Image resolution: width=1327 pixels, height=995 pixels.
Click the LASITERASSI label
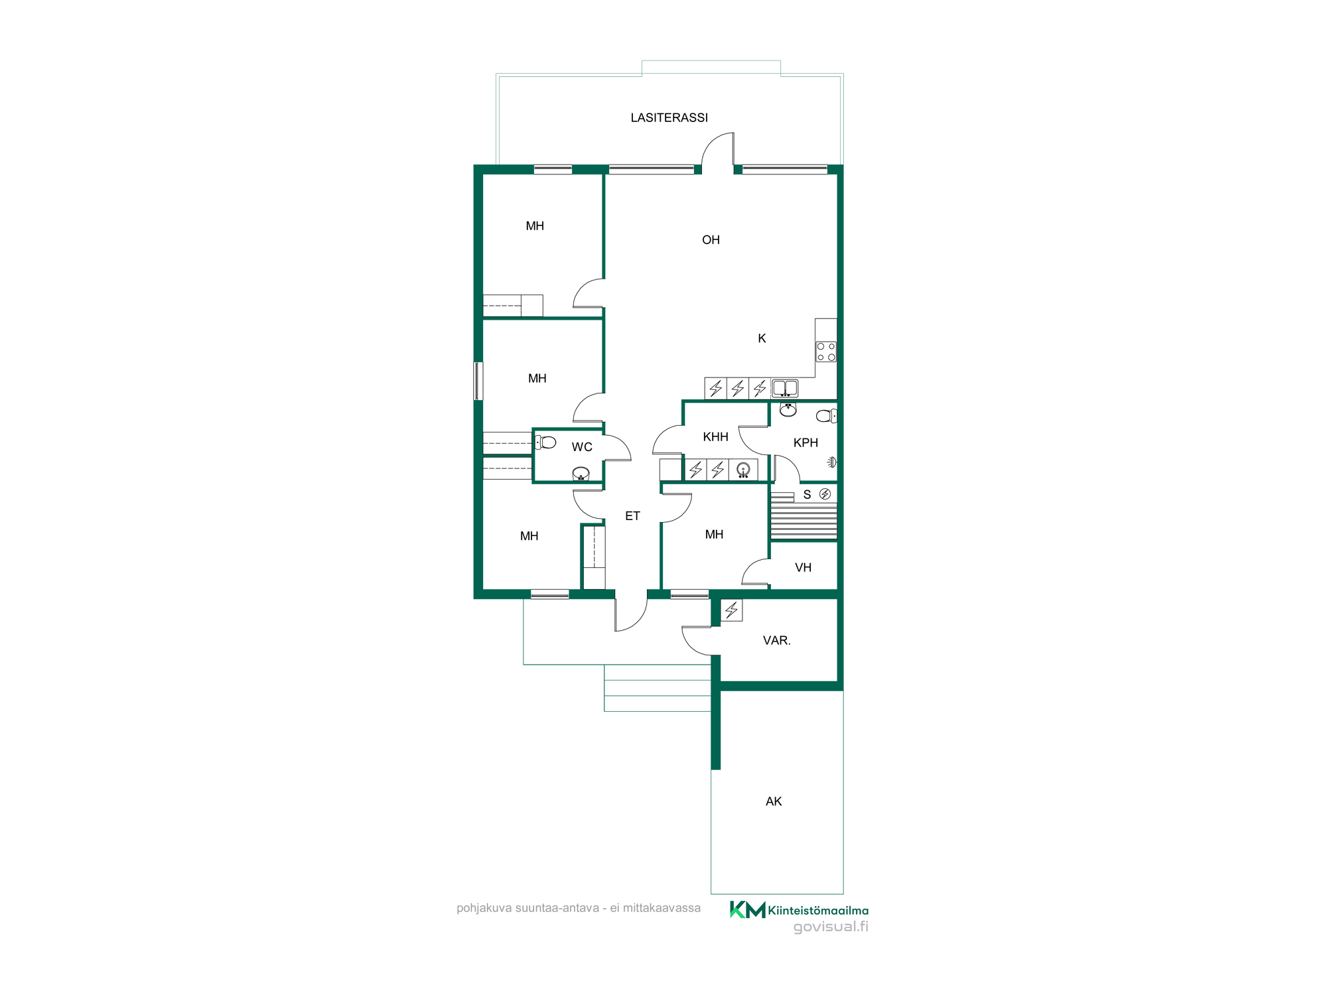point(669,117)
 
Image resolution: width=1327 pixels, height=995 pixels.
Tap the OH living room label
point(711,239)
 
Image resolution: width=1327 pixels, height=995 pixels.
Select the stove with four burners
point(826,352)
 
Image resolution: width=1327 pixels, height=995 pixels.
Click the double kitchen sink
point(785,388)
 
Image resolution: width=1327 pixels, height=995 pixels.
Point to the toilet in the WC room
point(545,442)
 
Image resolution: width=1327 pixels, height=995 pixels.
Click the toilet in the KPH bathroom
point(826,416)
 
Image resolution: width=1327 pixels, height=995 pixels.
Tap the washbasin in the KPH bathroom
point(788,409)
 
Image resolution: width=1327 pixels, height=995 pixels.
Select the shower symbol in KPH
point(832,462)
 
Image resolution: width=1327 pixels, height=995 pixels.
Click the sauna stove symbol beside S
point(825,494)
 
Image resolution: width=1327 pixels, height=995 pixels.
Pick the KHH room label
point(715,436)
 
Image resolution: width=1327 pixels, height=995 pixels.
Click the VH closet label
point(803,567)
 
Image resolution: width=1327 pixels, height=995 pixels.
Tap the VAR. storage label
point(776,640)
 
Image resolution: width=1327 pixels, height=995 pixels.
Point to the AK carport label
point(774,801)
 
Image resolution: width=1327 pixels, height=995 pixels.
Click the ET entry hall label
point(632,515)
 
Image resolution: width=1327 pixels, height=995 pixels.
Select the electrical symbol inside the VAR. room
point(732,610)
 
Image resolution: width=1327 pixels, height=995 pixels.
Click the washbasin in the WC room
point(581,474)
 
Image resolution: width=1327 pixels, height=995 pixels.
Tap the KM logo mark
point(747,909)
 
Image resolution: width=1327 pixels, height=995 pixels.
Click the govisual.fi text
point(831,927)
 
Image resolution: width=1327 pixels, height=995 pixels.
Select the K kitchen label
point(762,338)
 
